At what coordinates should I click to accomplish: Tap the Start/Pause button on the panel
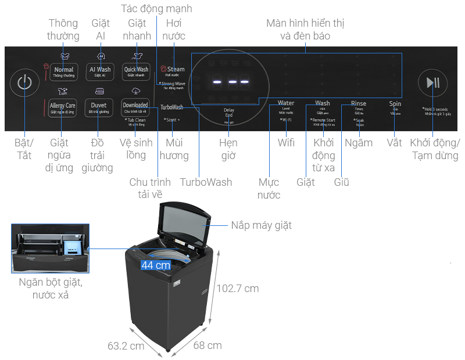point(433,82)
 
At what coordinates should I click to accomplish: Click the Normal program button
point(63,71)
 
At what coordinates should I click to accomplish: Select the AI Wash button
point(99,71)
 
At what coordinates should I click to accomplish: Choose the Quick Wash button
point(135,71)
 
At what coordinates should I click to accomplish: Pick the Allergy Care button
point(62,107)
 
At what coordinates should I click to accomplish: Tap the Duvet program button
point(98,107)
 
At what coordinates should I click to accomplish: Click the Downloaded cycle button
point(135,107)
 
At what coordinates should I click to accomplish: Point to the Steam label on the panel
point(175,70)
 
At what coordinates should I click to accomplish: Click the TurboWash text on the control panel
point(171,107)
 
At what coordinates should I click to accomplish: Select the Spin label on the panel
point(395,104)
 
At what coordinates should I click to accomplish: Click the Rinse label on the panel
point(359,104)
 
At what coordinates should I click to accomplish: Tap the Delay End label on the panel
point(228,112)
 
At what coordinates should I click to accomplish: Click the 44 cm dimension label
point(156,265)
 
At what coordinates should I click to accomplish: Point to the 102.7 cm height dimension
point(238,288)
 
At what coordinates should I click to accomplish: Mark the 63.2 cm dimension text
point(126,346)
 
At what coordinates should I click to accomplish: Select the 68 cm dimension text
point(208,345)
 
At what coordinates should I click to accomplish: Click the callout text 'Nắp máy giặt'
point(261,225)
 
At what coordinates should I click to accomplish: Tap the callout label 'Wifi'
point(286,143)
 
